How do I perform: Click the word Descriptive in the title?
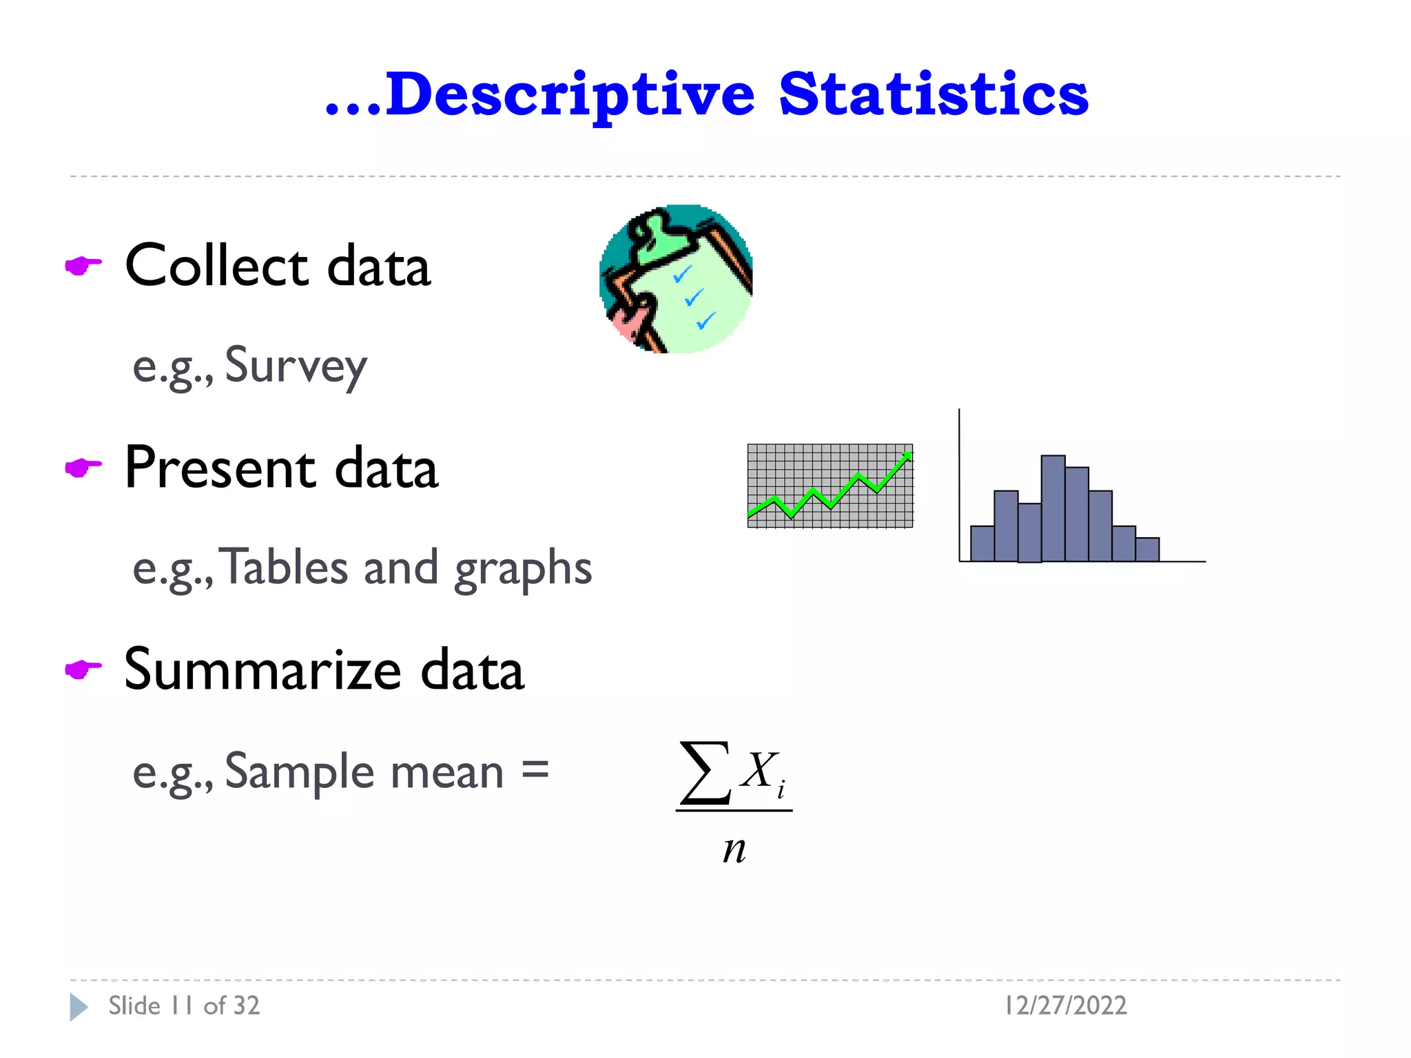[x=569, y=95]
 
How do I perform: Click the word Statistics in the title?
[x=934, y=95]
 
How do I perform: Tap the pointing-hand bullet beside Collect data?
[x=83, y=265]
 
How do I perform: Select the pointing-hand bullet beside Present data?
[x=83, y=468]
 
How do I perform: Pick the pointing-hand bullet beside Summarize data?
[x=83, y=669]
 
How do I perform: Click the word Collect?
[x=216, y=266]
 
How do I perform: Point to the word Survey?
[x=296, y=366]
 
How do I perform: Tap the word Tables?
[x=287, y=568]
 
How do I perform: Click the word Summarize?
[x=262, y=670]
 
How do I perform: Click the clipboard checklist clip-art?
[x=676, y=279]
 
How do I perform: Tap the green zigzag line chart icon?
[x=830, y=486]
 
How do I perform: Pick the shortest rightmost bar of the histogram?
[x=1147, y=550]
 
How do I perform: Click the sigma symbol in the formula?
[x=705, y=773]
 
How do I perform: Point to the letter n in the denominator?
[x=734, y=849]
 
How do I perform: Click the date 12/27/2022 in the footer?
[x=1066, y=1006]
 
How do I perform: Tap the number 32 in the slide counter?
[x=245, y=1006]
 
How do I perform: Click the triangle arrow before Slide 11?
[x=79, y=1007]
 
